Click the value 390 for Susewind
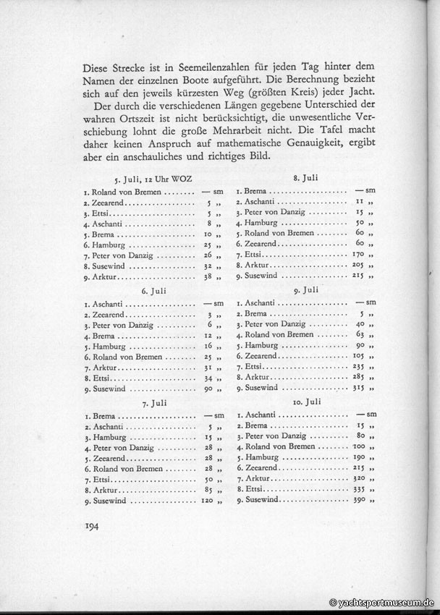click(x=358, y=500)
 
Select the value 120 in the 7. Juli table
click(x=206, y=501)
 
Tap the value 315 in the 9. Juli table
click(x=358, y=388)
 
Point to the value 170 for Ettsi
click(x=358, y=255)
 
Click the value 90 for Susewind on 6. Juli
click(x=208, y=389)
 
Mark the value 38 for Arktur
click(x=208, y=277)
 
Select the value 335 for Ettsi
click(x=358, y=489)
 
